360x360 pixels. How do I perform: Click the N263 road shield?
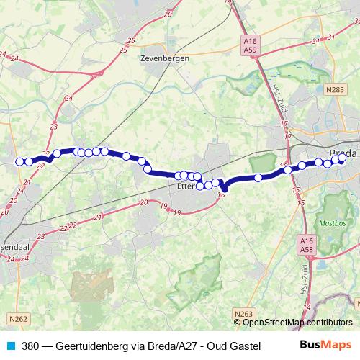(x=244, y=314)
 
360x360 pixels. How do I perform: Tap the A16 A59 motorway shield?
(x=250, y=46)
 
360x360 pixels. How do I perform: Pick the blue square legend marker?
(x=9, y=346)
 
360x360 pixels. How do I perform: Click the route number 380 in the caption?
(x=31, y=346)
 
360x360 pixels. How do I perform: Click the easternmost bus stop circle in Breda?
(x=343, y=159)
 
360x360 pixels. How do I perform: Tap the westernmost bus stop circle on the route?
(x=19, y=161)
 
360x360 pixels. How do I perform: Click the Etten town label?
(x=185, y=186)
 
